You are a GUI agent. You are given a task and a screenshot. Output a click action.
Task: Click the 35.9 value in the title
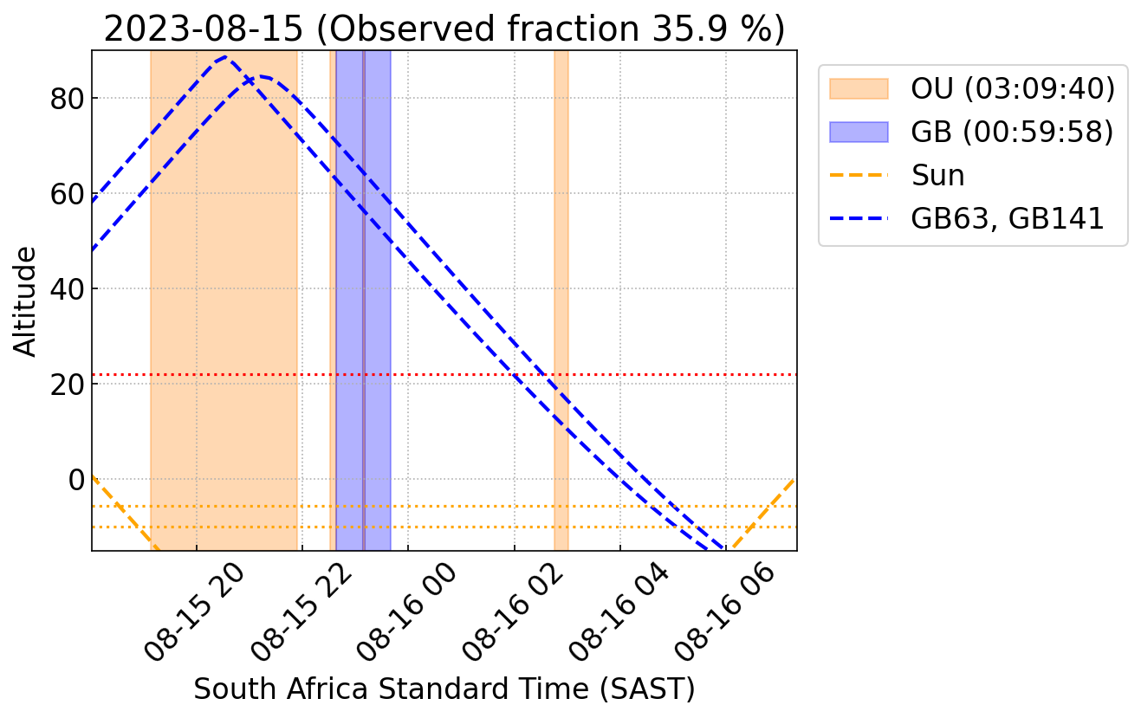coord(680,29)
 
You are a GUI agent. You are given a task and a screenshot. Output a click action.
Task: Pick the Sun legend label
coord(937,176)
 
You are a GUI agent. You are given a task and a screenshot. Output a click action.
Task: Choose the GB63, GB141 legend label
coord(1007,219)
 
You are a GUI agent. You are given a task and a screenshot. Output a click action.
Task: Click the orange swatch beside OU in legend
coord(859,88)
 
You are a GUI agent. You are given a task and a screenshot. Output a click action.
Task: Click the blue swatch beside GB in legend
coord(859,132)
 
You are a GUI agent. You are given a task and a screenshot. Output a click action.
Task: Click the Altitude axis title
coord(26,301)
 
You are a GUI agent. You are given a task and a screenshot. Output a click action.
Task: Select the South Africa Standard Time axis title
coord(444,689)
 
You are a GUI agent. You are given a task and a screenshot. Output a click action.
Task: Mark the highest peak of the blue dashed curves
coord(226,57)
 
